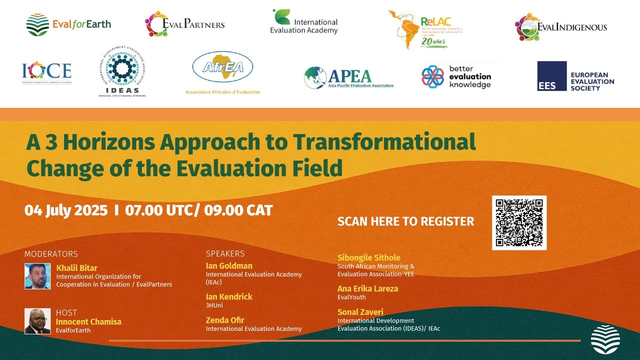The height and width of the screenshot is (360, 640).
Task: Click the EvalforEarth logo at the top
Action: pos(68,24)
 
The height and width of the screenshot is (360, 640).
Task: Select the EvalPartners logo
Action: pos(184,24)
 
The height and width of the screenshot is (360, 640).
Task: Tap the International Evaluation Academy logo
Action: pos(304,22)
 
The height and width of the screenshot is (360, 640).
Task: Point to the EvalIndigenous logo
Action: pos(560,27)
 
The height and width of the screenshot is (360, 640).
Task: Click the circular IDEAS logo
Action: pos(122,73)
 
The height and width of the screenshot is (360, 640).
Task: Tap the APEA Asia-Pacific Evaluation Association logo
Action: pos(348,78)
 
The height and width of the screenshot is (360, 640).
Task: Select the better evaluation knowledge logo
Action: pos(456,76)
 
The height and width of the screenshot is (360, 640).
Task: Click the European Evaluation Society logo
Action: pos(575,76)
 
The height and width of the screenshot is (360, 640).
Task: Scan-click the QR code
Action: pos(519,222)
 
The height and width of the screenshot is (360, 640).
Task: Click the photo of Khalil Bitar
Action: pos(37,276)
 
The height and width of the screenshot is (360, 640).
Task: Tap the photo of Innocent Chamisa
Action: pos(37,321)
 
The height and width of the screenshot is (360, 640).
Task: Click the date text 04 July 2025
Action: pos(66,210)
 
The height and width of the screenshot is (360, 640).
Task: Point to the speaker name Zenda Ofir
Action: pos(224,320)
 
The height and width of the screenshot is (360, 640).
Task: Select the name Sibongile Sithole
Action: pos(368,258)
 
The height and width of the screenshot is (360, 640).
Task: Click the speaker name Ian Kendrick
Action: pos(229,296)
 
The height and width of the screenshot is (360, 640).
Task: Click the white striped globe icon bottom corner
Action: pos(605,339)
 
